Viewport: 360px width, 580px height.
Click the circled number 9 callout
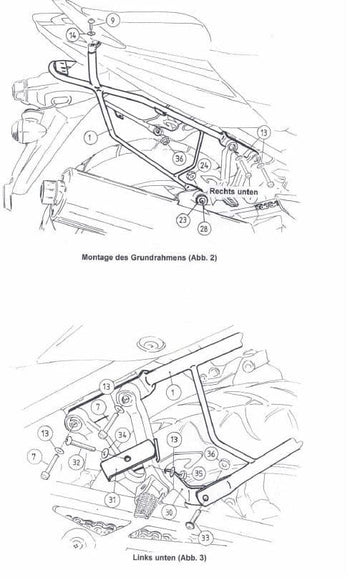(112, 19)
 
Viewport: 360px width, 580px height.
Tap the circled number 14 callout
(73, 36)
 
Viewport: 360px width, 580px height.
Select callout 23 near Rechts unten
(183, 220)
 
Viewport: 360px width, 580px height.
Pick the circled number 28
(204, 228)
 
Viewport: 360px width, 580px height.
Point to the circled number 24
(204, 165)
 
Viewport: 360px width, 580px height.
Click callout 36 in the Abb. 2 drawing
(179, 158)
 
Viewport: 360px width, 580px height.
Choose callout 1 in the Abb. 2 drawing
(90, 137)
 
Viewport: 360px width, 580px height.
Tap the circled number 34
(123, 435)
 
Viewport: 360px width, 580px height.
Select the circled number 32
(77, 462)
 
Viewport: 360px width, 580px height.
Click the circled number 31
(112, 500)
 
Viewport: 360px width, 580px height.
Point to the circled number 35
(199, 473)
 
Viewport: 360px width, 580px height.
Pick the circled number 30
(169, 512)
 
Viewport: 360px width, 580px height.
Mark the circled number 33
(205, 537)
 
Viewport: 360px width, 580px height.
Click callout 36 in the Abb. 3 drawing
(211, 454)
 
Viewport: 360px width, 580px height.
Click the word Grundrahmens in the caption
(158, 257)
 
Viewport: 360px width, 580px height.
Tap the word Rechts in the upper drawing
(222, 191)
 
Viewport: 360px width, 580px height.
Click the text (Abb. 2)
(203, 257)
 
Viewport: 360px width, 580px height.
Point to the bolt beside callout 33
(194, 519)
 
